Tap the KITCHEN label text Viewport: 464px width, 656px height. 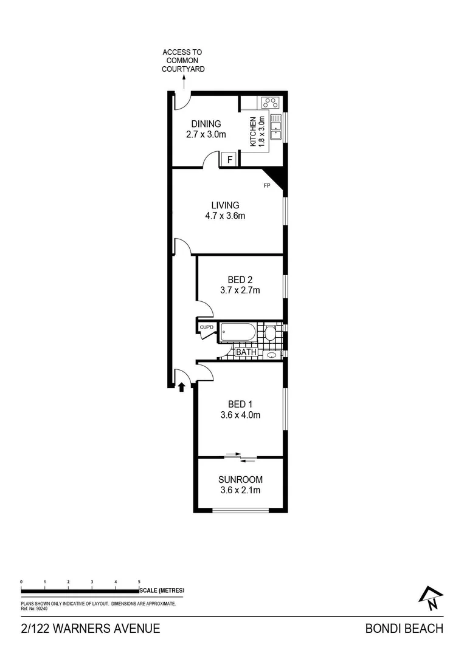[253, 132]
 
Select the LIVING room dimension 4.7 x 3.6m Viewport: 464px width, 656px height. [224, 216]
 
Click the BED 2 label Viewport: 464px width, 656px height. [240, 280]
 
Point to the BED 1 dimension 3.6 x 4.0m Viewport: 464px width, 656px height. [240, 415]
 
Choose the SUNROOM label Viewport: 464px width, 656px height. [240, 479]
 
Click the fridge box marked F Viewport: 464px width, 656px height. [229, 160]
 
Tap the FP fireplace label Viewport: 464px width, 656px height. [266, 186]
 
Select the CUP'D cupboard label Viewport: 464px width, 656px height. [207, 328]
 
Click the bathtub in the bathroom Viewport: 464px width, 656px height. [238, 333]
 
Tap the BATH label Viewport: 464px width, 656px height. [246, 352]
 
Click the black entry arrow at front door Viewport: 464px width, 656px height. [181, 386]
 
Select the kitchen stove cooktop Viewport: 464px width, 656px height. [270, 103]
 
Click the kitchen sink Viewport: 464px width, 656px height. [275, 127]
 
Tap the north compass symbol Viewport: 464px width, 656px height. [431, 598]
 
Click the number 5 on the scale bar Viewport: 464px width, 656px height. [139, 581]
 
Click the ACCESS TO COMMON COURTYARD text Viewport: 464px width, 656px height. [183, 61]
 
